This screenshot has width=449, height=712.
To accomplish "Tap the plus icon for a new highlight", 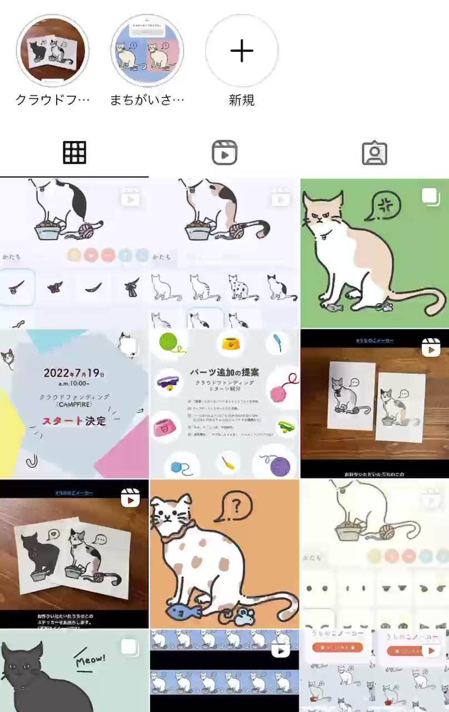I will pyautogui.click(x=242, y=51).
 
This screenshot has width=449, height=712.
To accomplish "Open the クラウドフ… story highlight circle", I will pyautogui.click(x=53, y=51).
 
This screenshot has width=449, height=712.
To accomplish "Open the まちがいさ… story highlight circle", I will pyautogui.click(x=147, y=51).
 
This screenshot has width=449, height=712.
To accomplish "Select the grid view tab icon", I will pyautogui.click(x=74, y=152).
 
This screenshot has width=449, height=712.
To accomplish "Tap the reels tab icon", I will pyautogui.click(x=225, y=152).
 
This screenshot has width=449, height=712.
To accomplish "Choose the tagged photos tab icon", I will pyautogui.click(x=374, y=152).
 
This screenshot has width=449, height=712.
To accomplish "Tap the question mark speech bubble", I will pyautogui.click(x=237, y=507).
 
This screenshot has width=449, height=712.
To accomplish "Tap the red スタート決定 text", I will pyautogui.click(x=74, y=421).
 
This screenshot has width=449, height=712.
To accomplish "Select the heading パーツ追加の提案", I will pyautogui.click(x=224, y=372).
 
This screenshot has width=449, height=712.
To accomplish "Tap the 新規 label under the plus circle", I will pyautogui.click(x=242, y=100).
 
